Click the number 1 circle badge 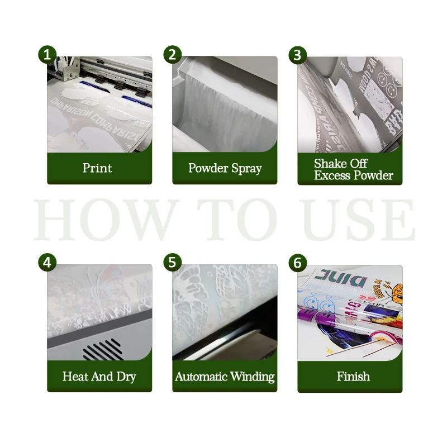click(48, 55)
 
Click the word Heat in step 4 click(75, 376)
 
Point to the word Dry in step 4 click(126, 377)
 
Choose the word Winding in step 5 click(255, 377)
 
